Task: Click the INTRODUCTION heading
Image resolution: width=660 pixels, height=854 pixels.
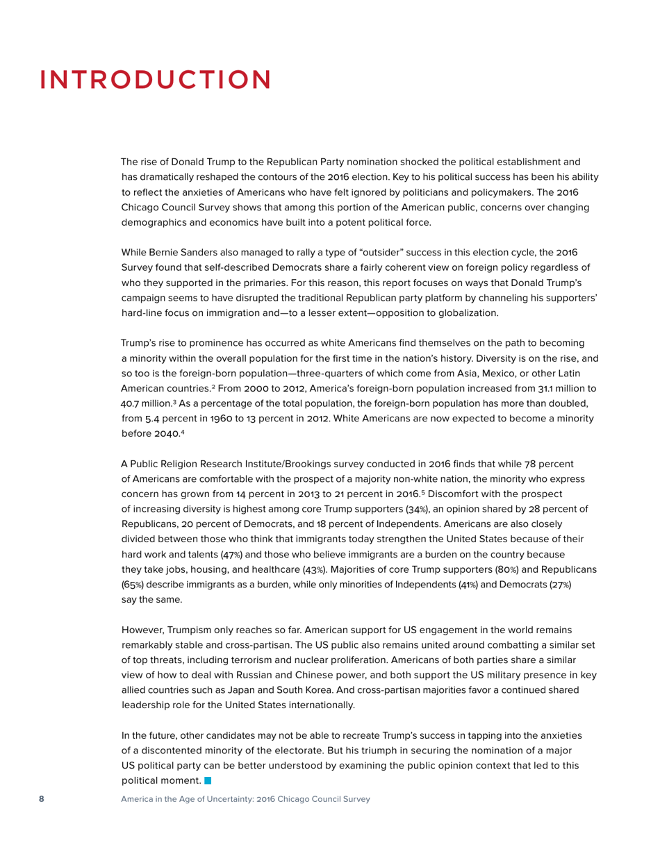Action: click(x=156, y=79)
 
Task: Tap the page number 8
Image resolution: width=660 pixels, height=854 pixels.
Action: click(x=41, y=799)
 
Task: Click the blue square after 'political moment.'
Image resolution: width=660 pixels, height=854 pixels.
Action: click(x=208, y=781)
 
